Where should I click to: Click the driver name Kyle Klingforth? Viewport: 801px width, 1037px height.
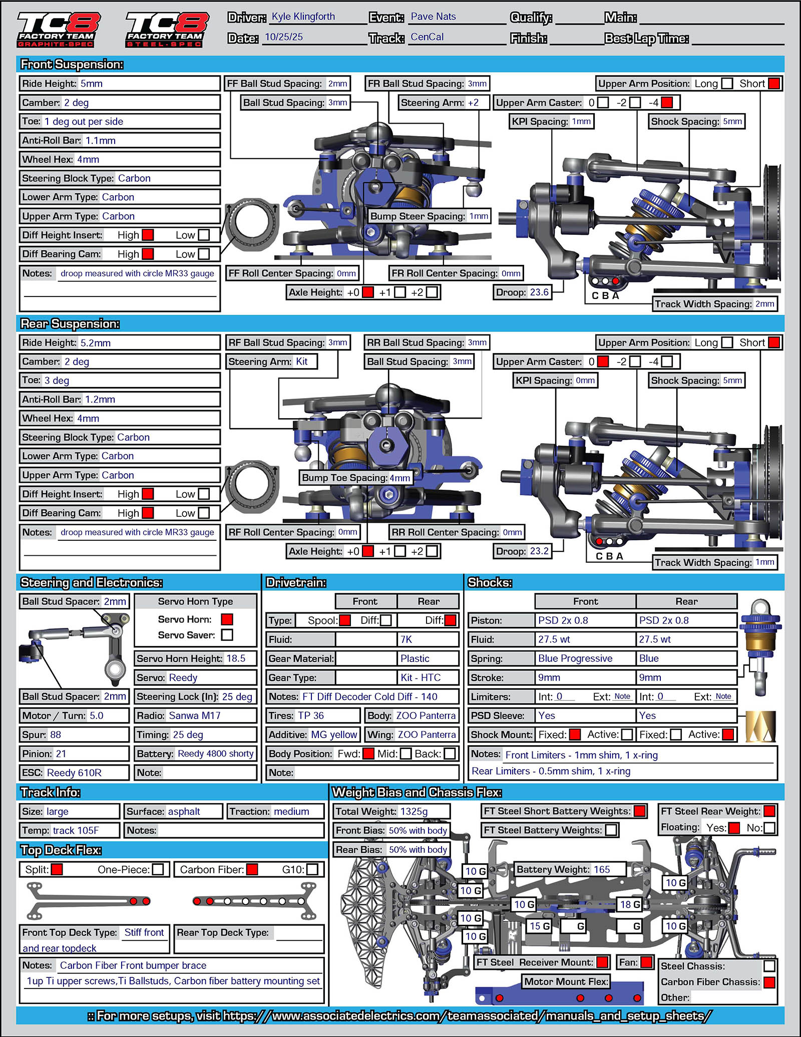pos(303,17)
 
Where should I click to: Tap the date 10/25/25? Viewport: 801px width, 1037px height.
pos(283,37)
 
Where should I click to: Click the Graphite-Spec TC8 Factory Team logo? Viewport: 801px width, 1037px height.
pos(59,30)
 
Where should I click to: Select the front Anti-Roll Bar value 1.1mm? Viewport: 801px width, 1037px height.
pos(100,141)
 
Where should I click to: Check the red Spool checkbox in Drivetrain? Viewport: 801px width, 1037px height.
pos(345,620)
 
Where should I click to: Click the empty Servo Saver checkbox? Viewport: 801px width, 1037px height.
pos(227,635)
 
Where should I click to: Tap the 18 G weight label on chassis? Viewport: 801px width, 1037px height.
pos(630,904)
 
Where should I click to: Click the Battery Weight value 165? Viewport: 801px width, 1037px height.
pos(602,869)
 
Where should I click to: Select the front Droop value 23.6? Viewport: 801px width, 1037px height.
pos(539,292)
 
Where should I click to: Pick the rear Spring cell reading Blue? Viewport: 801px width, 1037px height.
pos(649,658)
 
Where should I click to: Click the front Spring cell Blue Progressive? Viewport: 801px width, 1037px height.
pos(575,658)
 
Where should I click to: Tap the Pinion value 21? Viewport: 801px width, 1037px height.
pos(61,754)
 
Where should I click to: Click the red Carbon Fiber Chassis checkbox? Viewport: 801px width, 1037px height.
pos(769,982)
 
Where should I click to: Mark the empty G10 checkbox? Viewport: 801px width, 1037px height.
pos(312,870)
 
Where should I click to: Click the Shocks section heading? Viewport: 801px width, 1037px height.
pos(490,582)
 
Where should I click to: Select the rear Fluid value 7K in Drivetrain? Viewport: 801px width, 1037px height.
pos(406,639)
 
